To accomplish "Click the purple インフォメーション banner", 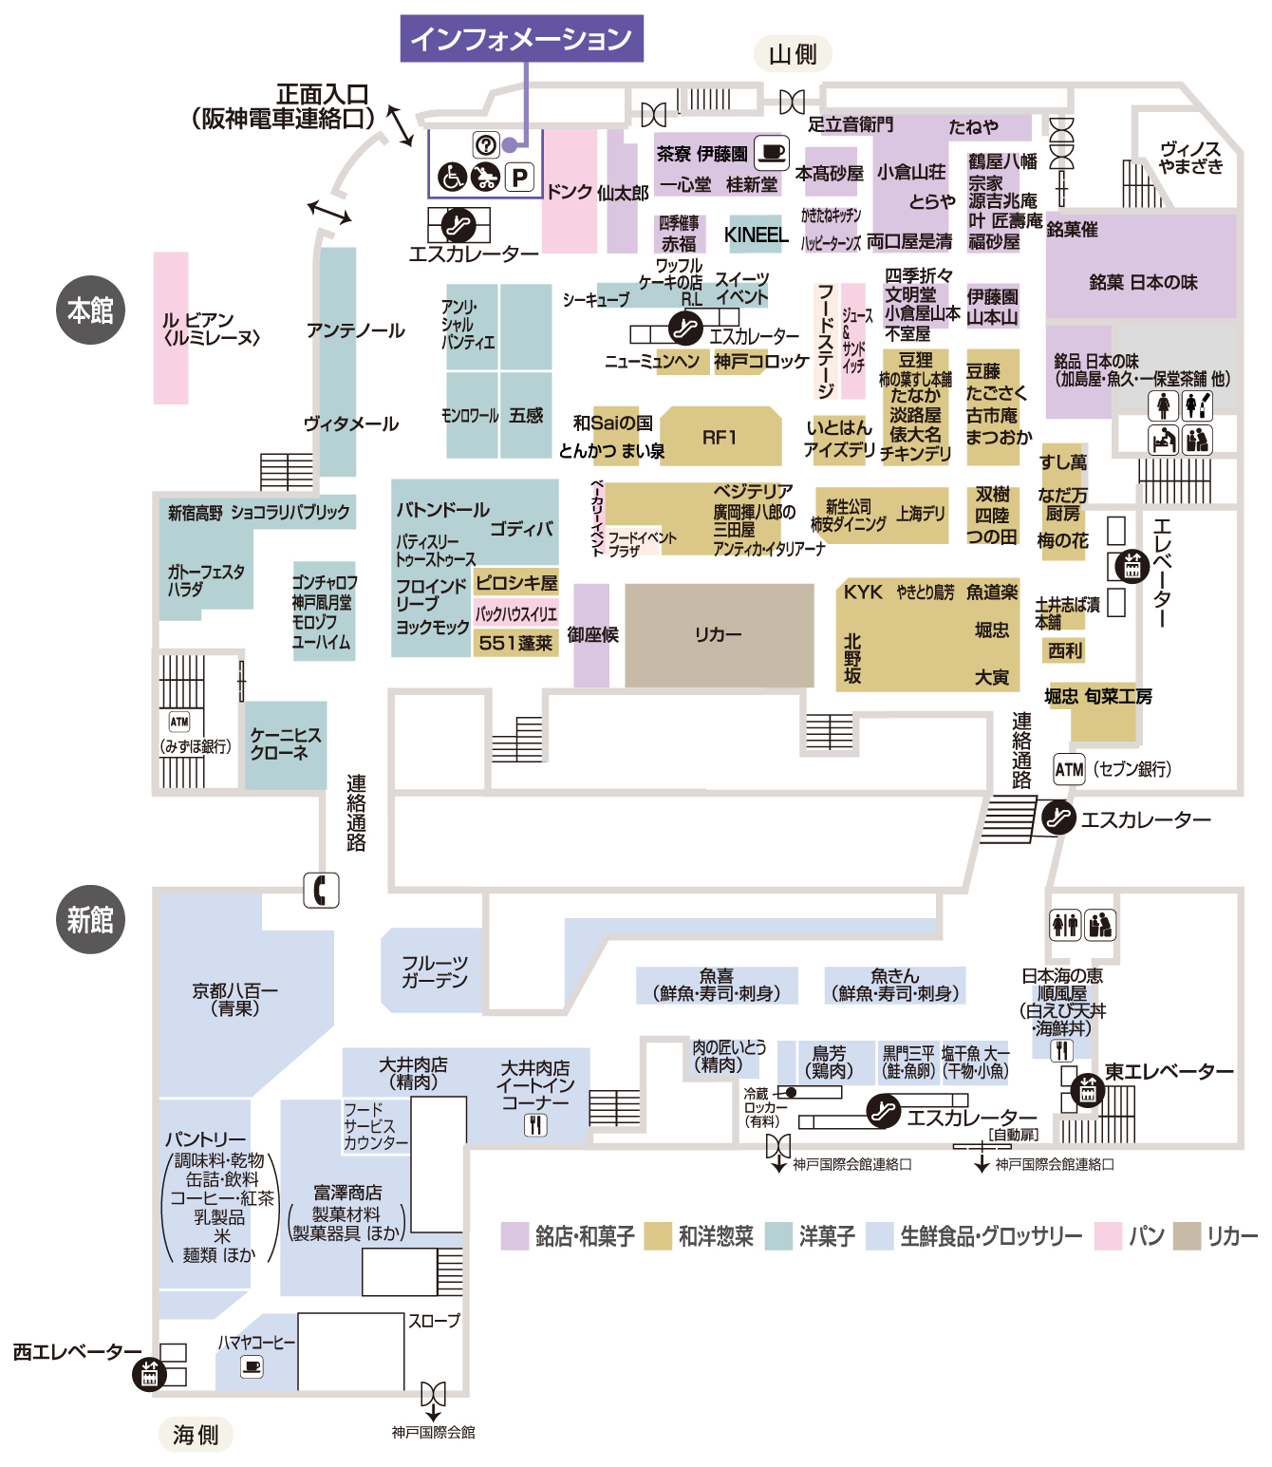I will click(x=521, y=39).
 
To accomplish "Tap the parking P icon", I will click(x=519, y=177).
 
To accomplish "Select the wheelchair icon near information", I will click(x=453, y=177).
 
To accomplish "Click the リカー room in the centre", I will click(x=719, y=634).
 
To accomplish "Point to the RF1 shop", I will click(x=720, y=437).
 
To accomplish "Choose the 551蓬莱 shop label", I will click(x=515, y=643).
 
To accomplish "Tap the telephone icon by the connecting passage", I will click(x=321, y=890).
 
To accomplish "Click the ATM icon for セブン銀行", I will click(x=1069, y=769).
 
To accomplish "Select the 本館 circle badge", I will click(x=90, y=310).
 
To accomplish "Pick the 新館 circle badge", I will click(x=90, y=919).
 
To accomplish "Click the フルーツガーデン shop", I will click(x=434, y=971).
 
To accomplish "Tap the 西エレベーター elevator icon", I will click(x=149, y=1373).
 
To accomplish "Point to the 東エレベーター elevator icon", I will click(x=1087, y=1090).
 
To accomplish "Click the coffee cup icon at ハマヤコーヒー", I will click(x=252, y=1366).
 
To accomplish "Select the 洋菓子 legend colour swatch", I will click(x=778, y=1235).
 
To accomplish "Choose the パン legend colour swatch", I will click(x=1108, y=1235).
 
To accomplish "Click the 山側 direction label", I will click(x=793, y=54).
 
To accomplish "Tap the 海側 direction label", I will click(x=196, y=1434).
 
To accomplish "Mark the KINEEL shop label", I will click(x=756, y=235).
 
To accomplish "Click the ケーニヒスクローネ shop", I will click(x=286, y=744).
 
